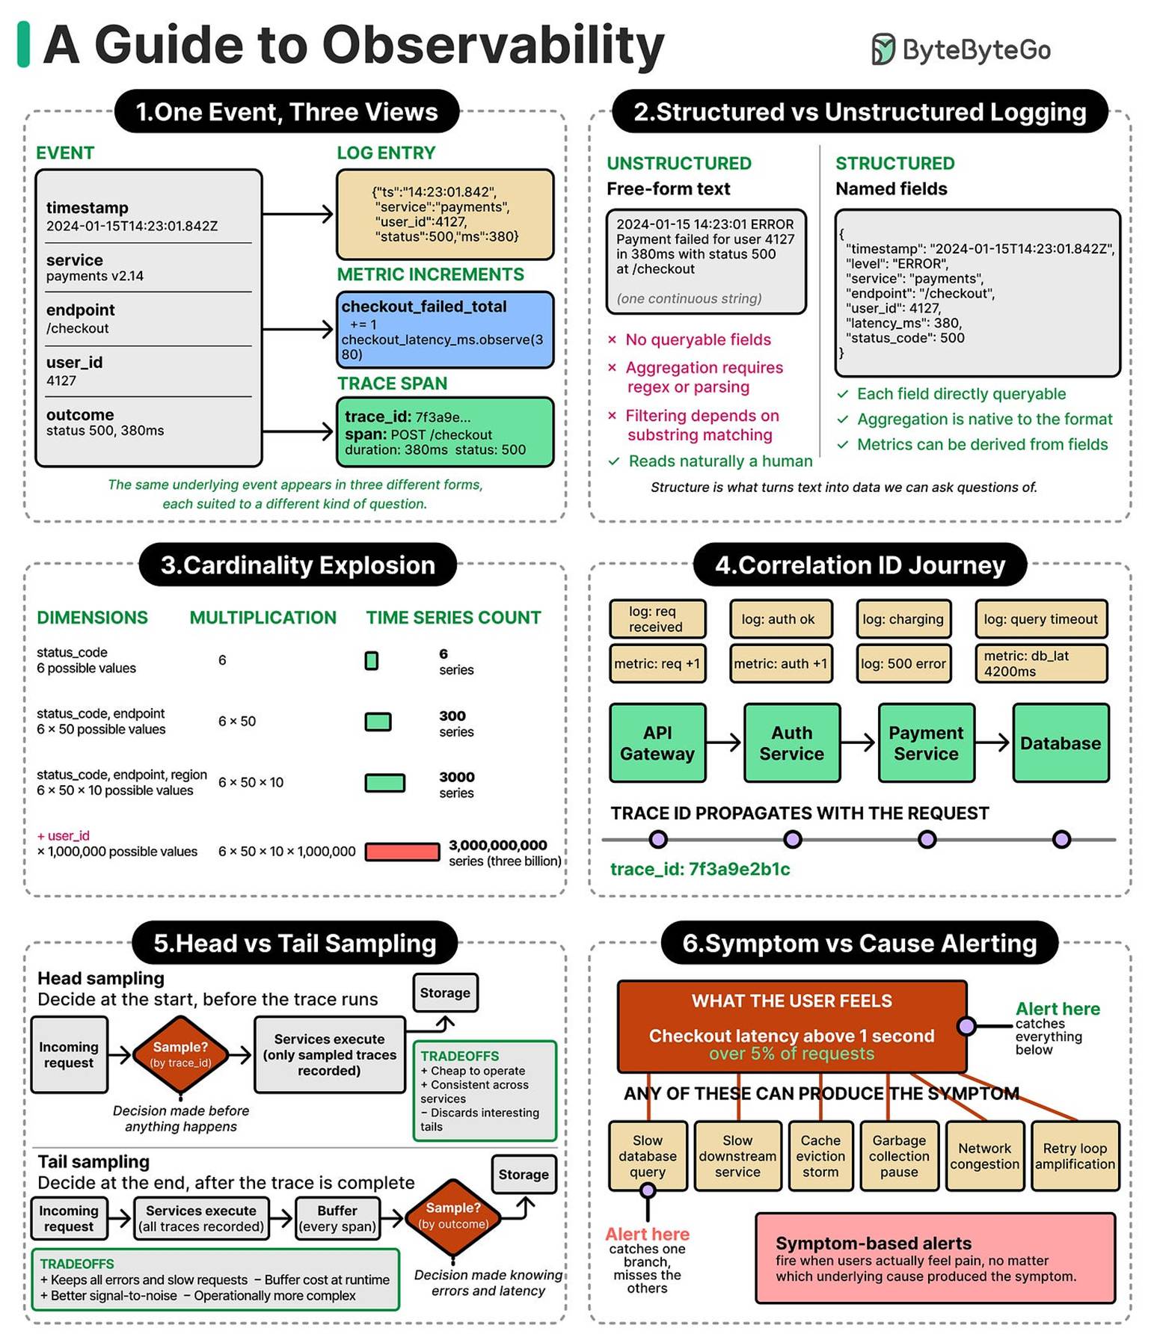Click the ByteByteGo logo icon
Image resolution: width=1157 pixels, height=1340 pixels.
point(883,49)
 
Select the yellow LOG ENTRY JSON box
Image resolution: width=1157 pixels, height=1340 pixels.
point(445,215)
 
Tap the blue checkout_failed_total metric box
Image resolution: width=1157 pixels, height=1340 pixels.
point(445,330)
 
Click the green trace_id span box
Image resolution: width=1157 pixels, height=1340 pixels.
point(445,432)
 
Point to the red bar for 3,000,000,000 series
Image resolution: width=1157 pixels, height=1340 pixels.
point(402,852)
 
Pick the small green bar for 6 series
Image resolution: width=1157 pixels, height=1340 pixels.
point(372,661)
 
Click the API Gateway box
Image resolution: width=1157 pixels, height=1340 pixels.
point(657,743)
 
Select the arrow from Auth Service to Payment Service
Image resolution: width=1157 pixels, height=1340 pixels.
point(859,743)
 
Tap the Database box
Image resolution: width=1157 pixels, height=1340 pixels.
point(1061,743)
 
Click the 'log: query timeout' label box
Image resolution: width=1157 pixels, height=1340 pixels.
point(1041,619)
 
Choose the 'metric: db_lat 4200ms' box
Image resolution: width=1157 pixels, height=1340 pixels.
point(1041,663)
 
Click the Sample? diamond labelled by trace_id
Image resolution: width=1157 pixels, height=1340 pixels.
point(180,1054)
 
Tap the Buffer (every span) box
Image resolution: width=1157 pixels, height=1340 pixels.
point(337,1219)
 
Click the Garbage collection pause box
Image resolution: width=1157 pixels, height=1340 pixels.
point(899,1156)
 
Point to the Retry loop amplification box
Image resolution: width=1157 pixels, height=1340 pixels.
point(1075,1156)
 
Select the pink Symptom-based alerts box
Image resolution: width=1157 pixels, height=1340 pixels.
point(935,1258)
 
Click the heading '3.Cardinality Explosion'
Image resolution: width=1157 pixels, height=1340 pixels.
point(298,565)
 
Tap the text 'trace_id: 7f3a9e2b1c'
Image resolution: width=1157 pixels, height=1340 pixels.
point(700,869)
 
